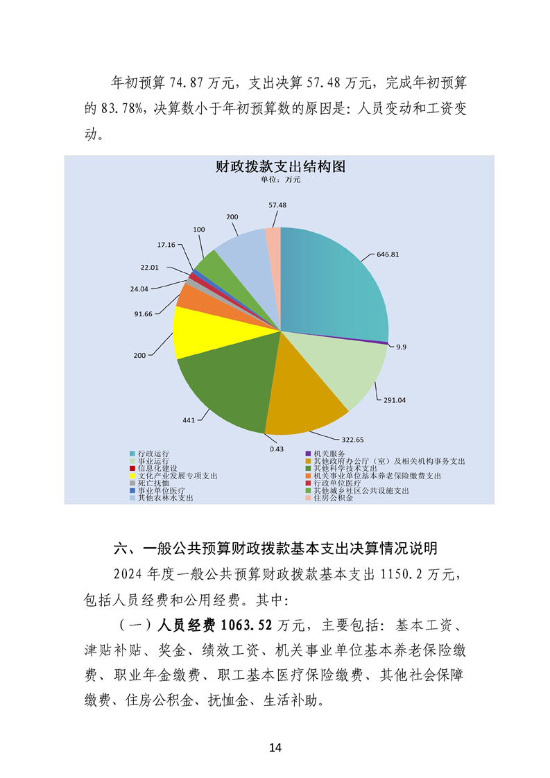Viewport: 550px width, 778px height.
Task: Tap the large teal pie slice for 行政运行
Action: click(x=333, y=277)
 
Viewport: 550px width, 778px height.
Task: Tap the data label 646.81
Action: click(x=407, y=254)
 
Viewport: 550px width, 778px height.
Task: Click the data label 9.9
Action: click(x=401, y=347)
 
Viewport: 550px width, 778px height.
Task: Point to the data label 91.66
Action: click(x=144, y=313)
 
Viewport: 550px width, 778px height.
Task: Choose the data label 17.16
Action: click(x=165, y=245)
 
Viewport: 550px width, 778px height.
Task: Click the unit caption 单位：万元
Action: click(x=280, y=180)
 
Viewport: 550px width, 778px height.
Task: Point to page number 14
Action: click(x=275, y=747)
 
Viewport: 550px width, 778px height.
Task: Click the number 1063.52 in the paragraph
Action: click(x=247, y=625)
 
